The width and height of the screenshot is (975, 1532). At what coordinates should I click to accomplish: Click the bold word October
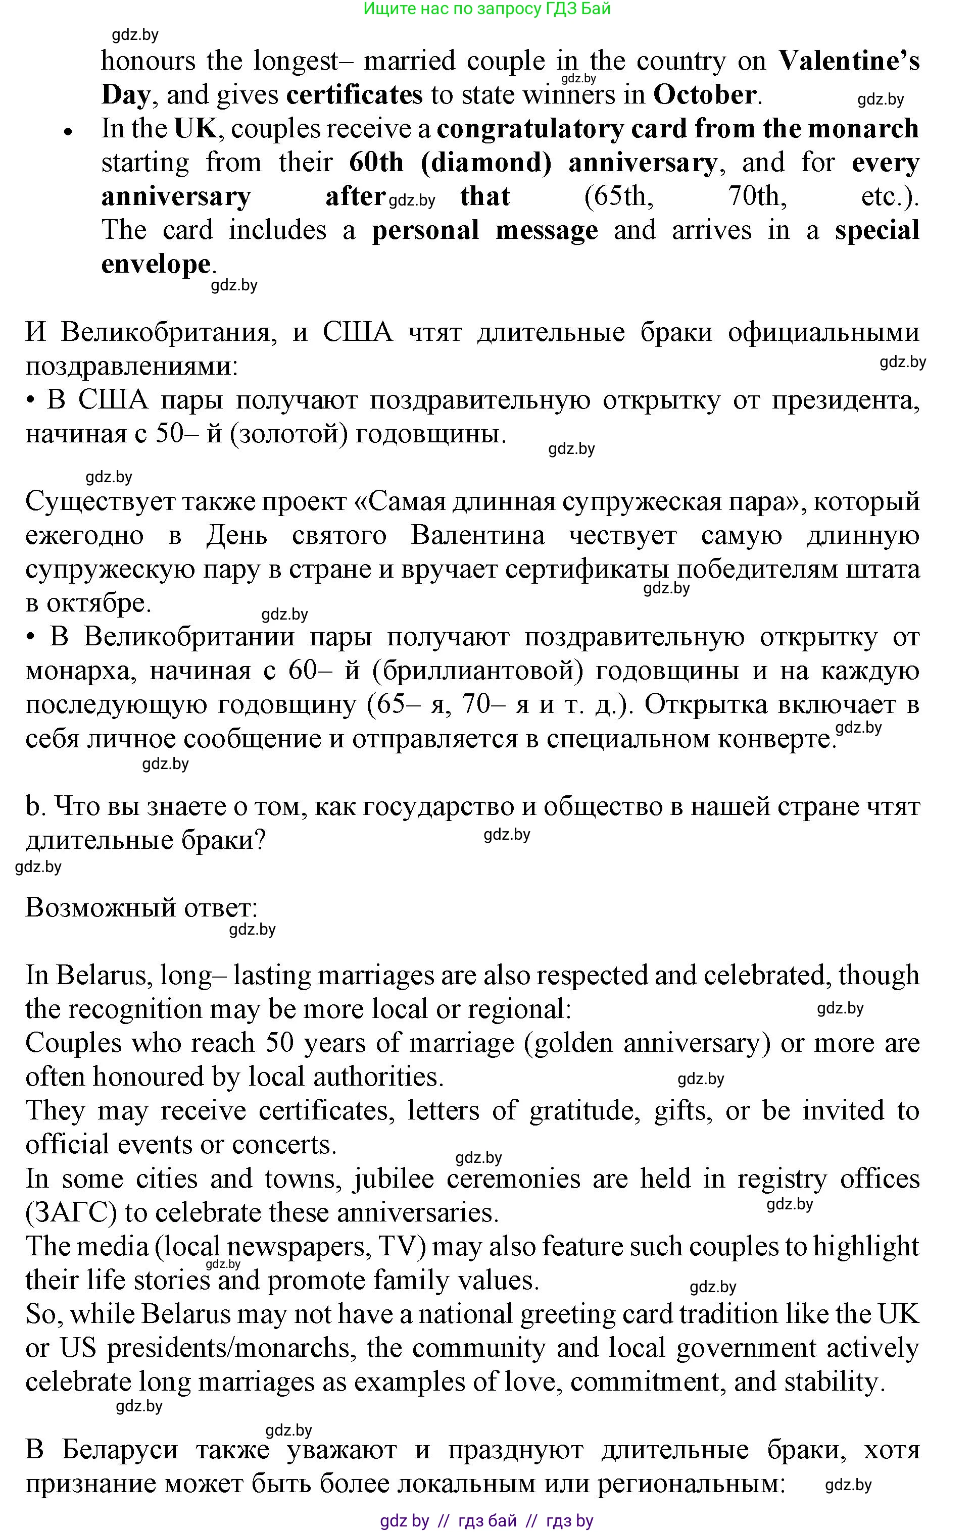click(705, 95)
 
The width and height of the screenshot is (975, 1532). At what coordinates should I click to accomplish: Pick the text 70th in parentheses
click(757, 196)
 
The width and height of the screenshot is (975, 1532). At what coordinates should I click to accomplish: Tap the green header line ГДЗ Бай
click(487, 9)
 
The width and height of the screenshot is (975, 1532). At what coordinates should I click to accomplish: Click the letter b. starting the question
click(33, 807)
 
